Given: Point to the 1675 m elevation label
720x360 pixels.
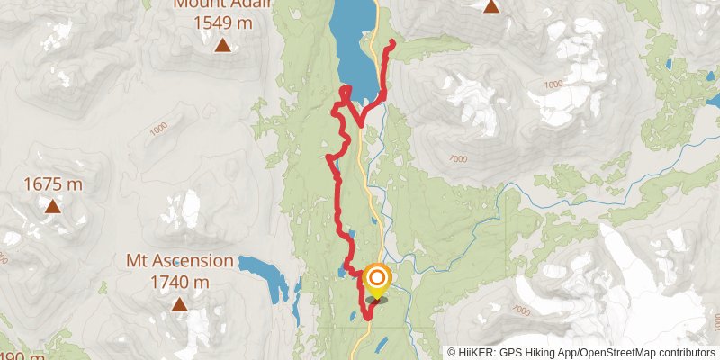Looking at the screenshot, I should pyautogui.click(x=53, y=184).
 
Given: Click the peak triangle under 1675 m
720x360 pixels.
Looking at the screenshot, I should pyautogui.click(x=53, y=207).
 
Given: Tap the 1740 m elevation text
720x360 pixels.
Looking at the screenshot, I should pyautogui.click(x=180, y=283).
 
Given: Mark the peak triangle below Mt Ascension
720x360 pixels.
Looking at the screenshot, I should pyautogui.click(x=180, y=304).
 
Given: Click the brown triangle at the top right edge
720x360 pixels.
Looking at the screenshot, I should pyautogui.click(x=491, y=6).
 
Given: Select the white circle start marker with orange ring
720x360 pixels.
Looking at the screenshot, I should pyautogui.click(x=374, y=278).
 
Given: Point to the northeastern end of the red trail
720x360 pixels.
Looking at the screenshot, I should pyautogui.click(x=393, y=43).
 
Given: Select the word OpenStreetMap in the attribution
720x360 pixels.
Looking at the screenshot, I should pyautogui.click(x=616, y=352).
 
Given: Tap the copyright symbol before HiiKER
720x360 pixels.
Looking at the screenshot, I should pyautogui.click(x=452, y=352).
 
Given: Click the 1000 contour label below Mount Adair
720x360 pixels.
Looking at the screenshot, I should pyautogui.click(x=159, y=130).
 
